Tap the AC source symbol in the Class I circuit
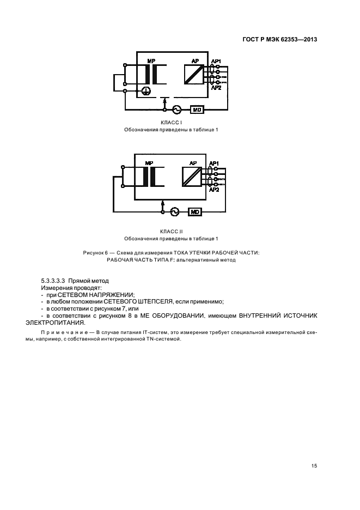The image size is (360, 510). coord(176,110)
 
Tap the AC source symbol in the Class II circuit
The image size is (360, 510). coord(174,211)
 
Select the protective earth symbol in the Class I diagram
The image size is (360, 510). coord(145,92)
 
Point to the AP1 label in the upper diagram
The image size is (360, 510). coord(216,60)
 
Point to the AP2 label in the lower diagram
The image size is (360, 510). coord(215,189)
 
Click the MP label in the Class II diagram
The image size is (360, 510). coord(150,163)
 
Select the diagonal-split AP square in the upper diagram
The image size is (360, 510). coord(193,74)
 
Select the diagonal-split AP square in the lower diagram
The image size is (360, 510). coord(191,176)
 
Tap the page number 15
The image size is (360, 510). coord(314,450)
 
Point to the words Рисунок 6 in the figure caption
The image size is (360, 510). coord(96,252)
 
